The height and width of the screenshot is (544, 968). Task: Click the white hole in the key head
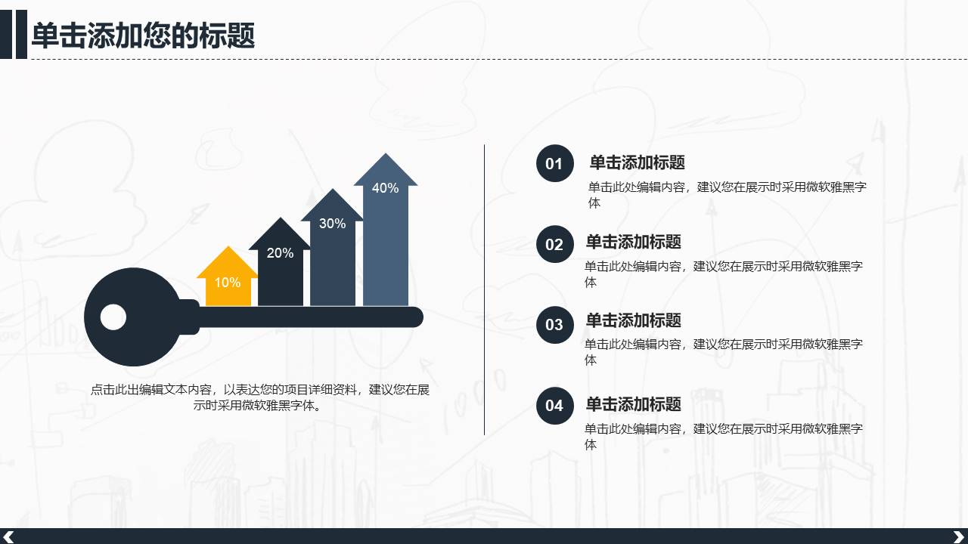pos(113,317)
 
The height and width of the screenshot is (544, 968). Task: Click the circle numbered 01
pos(554,163)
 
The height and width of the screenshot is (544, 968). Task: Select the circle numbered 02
pos(554,244)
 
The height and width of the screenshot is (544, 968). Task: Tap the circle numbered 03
pos(554,324)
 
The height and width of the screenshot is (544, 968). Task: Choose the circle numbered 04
pos(554,406)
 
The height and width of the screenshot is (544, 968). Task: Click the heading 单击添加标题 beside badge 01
pos(637,162)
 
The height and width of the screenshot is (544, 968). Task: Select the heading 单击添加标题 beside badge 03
pos(633,320)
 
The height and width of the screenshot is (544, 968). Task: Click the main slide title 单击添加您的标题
pos(143,36)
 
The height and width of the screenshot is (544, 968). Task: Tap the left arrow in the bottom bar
pos(9,536)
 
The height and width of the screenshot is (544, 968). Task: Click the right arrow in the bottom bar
pos(958,536)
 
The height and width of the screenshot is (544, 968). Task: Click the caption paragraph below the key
pos(260,397)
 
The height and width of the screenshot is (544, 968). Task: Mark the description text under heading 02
pos(723,274)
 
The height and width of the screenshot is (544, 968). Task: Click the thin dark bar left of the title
pos(6,34)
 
